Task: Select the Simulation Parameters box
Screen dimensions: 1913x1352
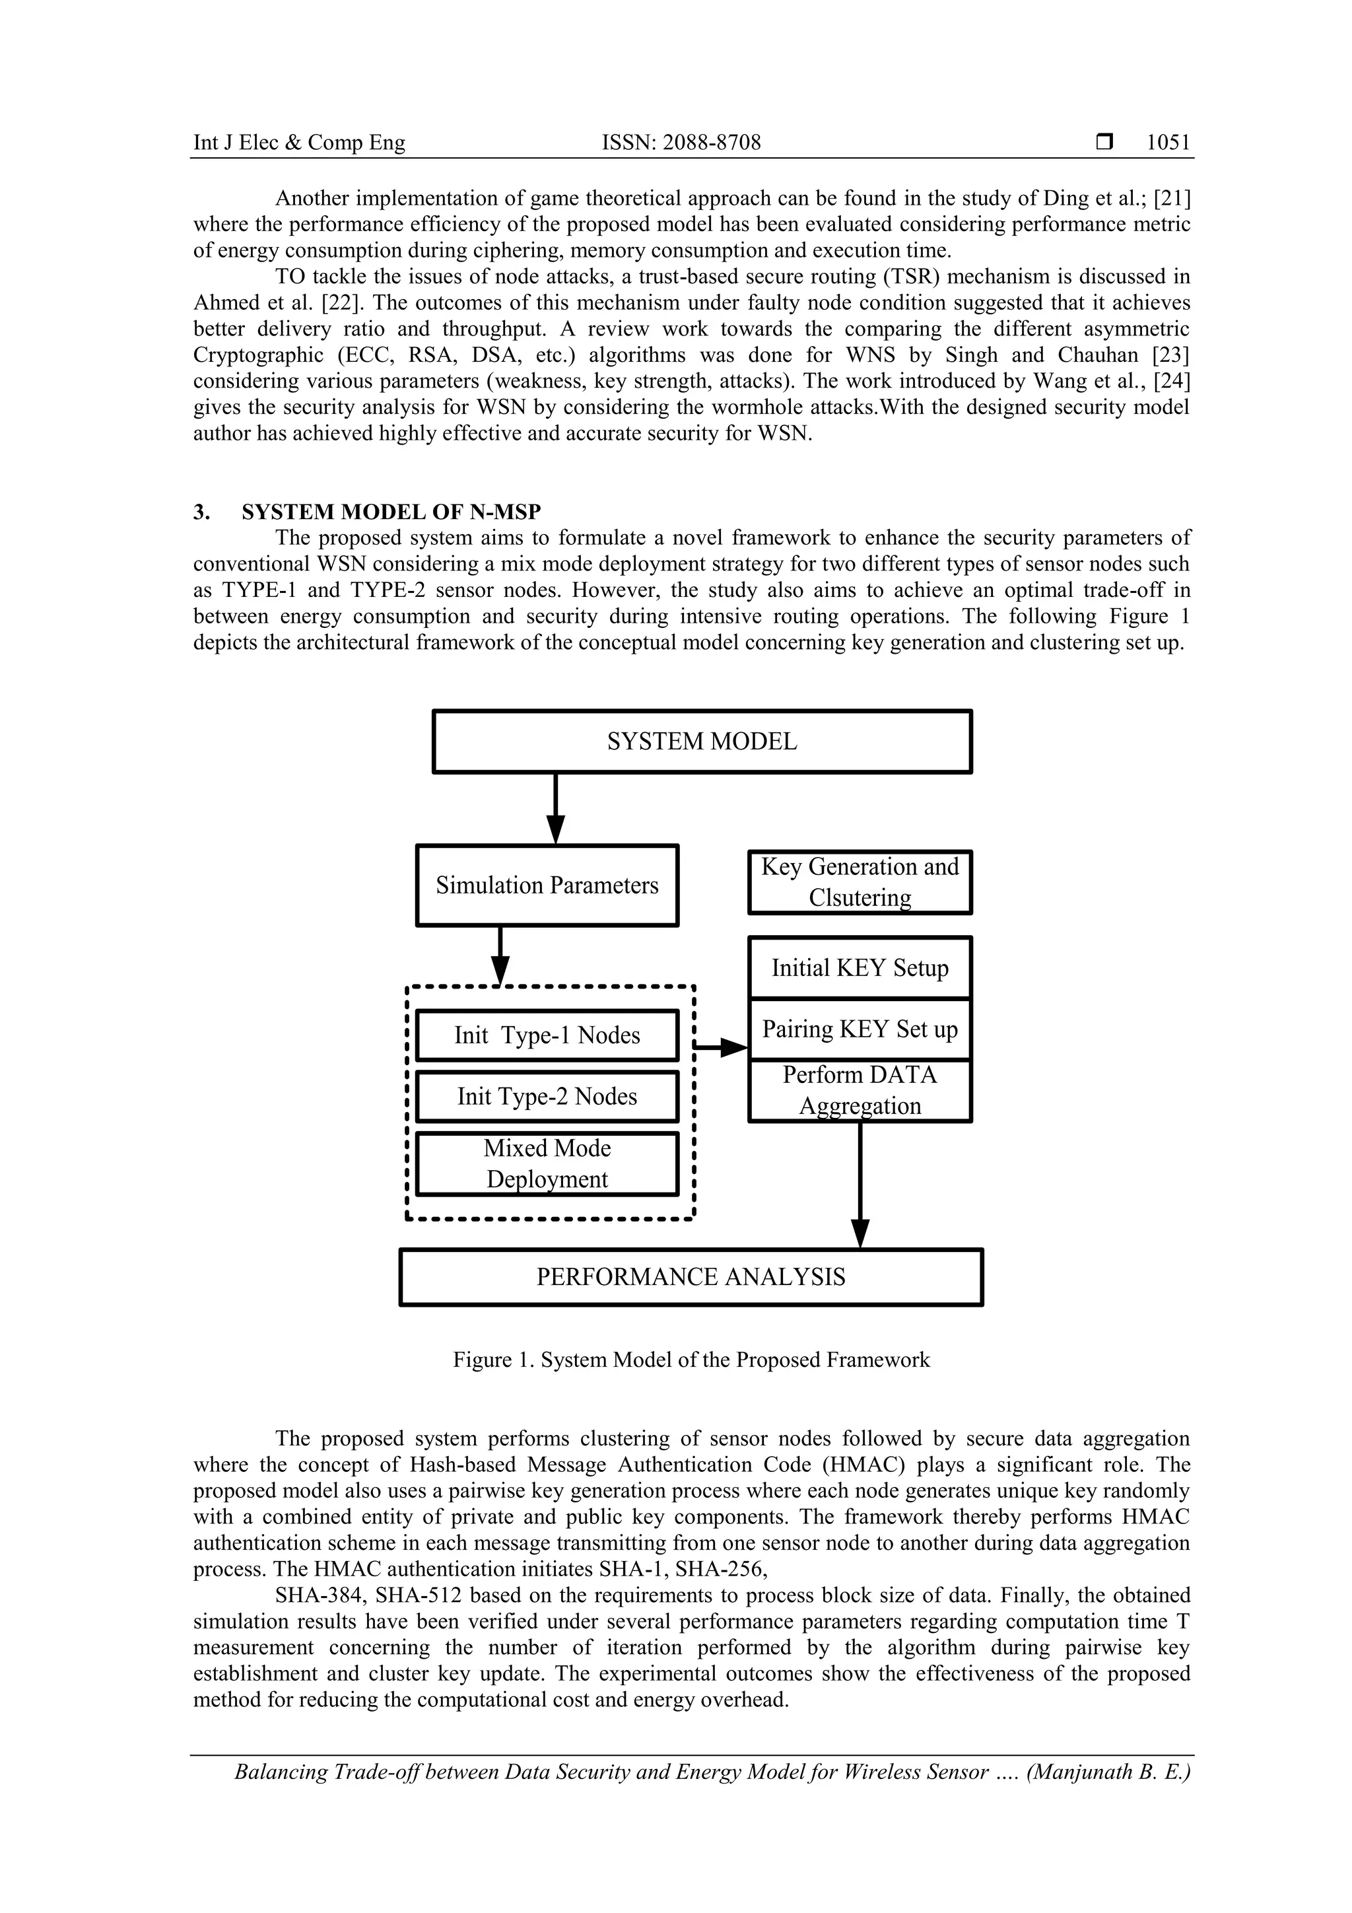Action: (547, 885)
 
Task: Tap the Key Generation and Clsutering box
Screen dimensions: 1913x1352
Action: (860, 882)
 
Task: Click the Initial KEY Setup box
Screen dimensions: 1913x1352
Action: (860, 968)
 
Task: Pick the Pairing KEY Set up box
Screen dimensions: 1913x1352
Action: (860, 1030)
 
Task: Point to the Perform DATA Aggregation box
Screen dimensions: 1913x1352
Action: (860, 1091)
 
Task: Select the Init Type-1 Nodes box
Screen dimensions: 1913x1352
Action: (547, 1035)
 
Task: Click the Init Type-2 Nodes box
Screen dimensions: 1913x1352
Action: (547, 1096)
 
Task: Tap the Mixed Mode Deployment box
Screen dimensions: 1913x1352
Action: (547, 1164)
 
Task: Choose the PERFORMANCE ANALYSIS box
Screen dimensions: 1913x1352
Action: (691, 1277)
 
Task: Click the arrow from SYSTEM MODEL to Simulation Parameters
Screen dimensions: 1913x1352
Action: (556, 808)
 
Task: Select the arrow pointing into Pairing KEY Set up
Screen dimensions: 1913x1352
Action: (722, 1047)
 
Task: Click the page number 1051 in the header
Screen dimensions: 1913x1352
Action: (1168, 143)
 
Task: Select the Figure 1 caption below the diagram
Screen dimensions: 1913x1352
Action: (691, 1360)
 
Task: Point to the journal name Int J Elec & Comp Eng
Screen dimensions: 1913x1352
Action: (299, 143)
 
